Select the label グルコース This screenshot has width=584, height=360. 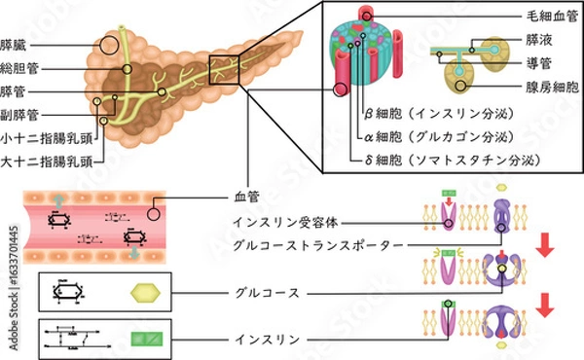point(264,291)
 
